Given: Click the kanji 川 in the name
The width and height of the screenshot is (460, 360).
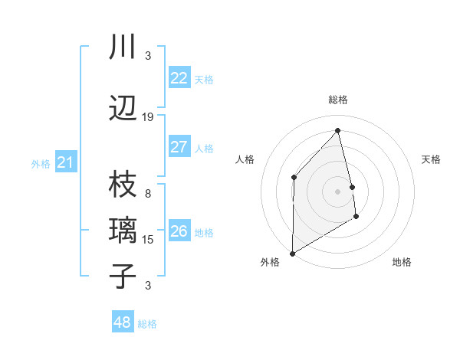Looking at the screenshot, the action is coord(123,47).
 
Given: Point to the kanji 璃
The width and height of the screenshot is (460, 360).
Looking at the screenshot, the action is coord(123,230).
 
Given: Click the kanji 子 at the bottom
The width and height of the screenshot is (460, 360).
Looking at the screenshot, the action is coord(123,276).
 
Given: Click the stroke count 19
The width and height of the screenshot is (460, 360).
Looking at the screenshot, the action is coord(148,117).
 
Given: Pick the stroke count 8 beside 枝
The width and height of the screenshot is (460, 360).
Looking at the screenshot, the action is coord(148,184).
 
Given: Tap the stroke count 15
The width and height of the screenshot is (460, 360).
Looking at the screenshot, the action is coord(148,240).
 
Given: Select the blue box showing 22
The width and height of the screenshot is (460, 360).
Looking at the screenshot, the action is coord(179,78).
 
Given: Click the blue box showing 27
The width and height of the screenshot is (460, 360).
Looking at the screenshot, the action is coord(179,147).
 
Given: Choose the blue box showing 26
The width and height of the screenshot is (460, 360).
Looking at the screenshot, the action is coord(179,231).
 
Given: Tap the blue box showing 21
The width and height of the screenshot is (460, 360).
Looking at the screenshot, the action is coord(66,162).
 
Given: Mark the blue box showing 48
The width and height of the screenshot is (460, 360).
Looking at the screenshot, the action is coord(123,322).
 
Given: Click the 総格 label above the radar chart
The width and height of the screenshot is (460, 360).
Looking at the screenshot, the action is coord(337,100).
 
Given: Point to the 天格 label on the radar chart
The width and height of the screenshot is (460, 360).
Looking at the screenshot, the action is coord(431,159).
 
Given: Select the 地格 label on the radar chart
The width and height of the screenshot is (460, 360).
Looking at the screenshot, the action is coord(402,262).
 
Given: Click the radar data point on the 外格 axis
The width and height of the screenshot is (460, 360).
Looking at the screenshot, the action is coord(292,253).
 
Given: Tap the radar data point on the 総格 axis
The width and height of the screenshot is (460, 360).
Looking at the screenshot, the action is coord(337,131).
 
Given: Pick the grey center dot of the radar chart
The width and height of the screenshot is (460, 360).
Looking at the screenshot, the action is coord(337,191).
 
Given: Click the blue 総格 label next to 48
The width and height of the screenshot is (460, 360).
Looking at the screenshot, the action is coord(147,324).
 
